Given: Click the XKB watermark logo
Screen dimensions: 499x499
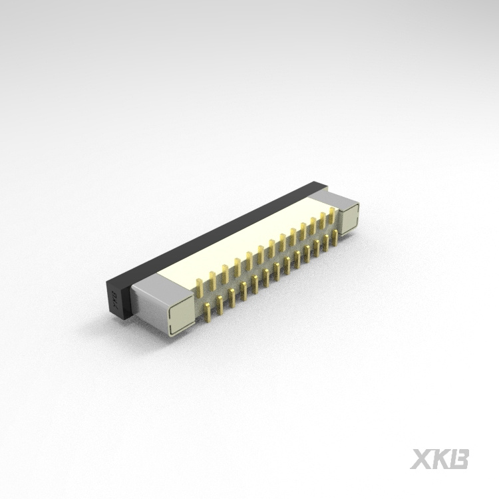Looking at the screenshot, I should click(440, 459).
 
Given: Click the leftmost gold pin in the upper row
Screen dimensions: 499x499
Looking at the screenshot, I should click(199, 286).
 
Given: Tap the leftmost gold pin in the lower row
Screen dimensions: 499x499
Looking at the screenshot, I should click(208, 308).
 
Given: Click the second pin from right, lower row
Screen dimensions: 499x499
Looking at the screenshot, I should click(326, 242).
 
